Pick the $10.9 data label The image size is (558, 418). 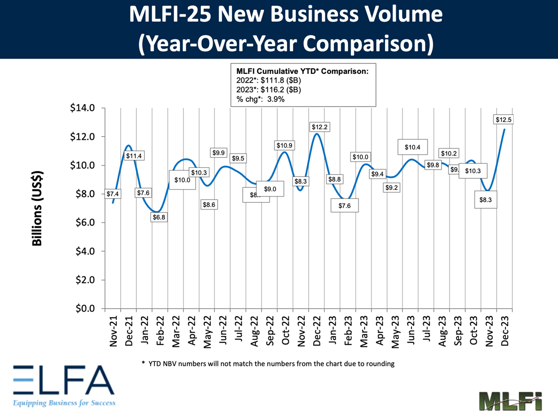pyautogui.click(x=284, y=146)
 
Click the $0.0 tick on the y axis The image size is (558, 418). pyautogui.click(x=84, y=309)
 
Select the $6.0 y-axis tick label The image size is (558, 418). pyautogui.click(x=84, y=223)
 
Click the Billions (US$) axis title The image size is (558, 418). pyautogui.click(x=38, y=209)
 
